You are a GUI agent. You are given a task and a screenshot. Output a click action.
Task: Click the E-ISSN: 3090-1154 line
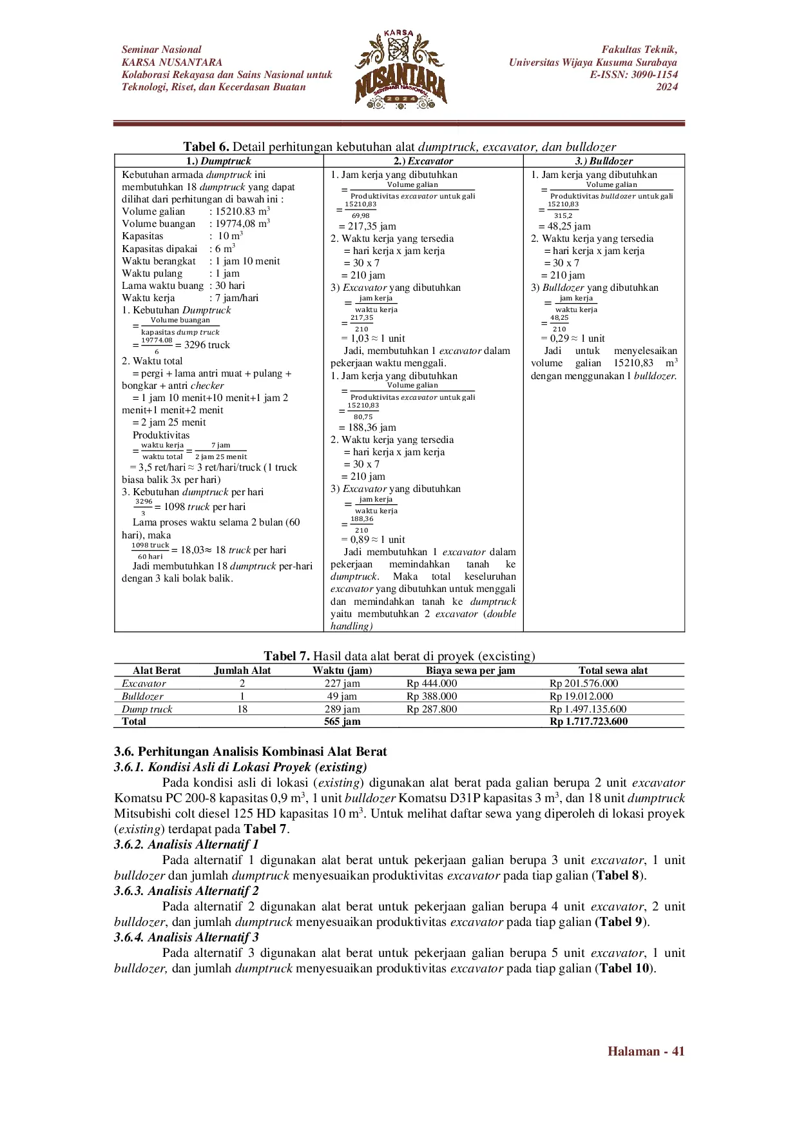633,75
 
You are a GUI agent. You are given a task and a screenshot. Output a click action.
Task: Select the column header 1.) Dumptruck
218,161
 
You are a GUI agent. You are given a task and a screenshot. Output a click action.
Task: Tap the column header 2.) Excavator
423,161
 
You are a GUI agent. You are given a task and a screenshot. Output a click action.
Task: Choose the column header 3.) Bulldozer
604,161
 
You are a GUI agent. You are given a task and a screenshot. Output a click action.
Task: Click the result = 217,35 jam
367,226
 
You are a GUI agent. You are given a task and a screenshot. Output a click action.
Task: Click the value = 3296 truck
202,345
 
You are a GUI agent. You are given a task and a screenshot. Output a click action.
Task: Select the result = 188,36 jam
367,428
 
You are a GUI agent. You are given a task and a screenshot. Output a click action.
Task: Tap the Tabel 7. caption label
287,656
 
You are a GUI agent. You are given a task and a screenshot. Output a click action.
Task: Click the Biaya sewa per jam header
470,671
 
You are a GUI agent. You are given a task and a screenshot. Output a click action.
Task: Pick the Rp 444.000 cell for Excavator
432,684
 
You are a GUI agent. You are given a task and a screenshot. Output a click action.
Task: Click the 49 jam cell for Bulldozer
342,696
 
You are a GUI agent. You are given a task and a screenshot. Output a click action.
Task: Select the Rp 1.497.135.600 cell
588,709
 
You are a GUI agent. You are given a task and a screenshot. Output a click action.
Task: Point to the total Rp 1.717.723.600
588,722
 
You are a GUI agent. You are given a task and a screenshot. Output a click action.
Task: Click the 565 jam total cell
342,722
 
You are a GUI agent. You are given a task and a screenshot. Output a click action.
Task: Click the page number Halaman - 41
646,1052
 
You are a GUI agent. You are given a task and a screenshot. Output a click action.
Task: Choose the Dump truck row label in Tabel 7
147,709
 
